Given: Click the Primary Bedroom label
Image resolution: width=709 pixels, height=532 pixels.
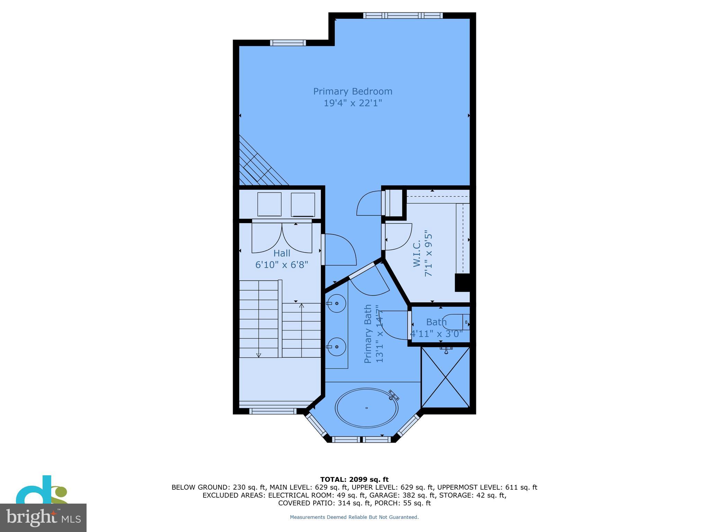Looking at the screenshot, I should pos(352,91).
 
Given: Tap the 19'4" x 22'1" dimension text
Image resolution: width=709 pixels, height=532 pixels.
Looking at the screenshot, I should pos(352,103).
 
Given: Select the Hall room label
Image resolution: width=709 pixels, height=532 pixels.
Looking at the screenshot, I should pos(282,254).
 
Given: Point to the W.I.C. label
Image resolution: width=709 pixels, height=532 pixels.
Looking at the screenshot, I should pos(417,254).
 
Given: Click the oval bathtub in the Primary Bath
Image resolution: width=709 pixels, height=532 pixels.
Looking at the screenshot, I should pos(366,408).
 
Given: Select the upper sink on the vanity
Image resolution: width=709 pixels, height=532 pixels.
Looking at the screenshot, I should pos(336,303).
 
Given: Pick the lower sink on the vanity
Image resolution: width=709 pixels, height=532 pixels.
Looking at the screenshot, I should pos(336,346).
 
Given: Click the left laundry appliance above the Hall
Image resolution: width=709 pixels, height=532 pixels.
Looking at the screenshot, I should pos(269,204).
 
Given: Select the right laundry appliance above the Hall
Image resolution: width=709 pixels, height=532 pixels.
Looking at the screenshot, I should pos(303,204).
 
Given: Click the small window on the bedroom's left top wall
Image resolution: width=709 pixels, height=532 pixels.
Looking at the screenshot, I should pos(288,43).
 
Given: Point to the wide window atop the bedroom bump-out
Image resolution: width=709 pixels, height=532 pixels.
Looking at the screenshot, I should pos(403,16).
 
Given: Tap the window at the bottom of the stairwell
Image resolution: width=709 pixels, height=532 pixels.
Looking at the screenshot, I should pos(273,411).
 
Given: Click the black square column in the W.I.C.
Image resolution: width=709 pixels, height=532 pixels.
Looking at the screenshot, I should pos(462,283).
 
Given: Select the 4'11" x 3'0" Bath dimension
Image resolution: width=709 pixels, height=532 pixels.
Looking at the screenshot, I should pos(436,334).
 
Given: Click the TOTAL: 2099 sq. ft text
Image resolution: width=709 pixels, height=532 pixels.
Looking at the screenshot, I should pos(354,479).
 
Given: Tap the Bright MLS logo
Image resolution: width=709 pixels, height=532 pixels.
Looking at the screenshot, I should pos(43,517).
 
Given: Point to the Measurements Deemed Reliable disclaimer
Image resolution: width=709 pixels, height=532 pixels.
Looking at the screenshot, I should pos(354,517).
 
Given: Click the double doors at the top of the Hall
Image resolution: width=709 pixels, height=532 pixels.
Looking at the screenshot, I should pos(282,238).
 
